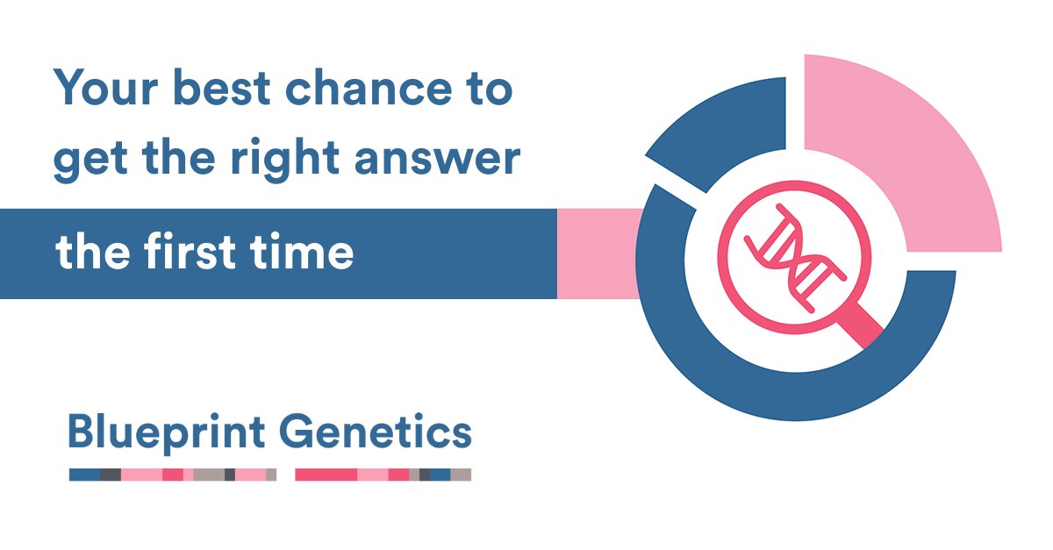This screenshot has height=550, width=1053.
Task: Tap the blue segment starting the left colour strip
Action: [x=84, y=475]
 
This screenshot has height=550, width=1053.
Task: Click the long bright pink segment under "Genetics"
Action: [x=326, y=475]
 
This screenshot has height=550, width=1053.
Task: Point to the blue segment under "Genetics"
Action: [x=440, y=475]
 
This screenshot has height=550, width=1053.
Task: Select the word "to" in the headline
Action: [x=487, y=91]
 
